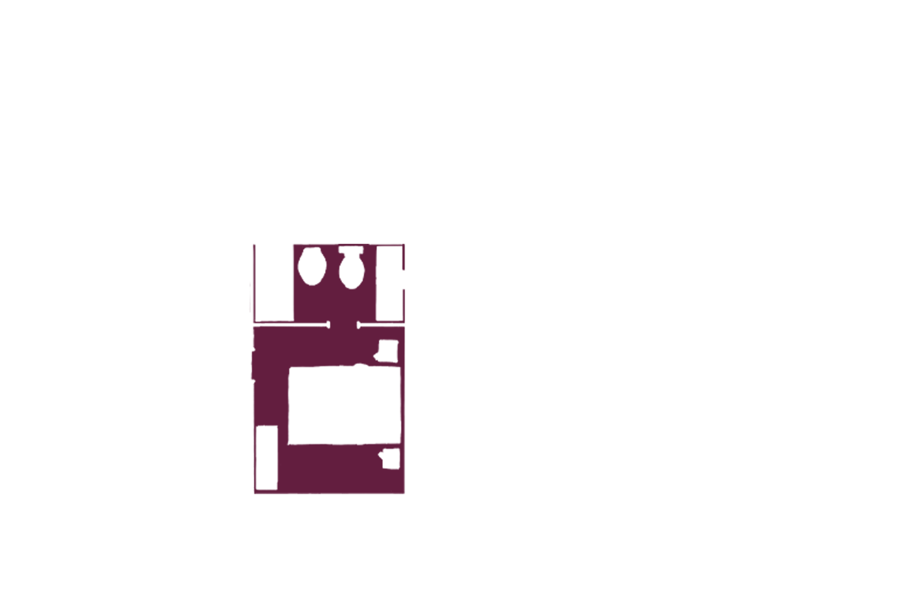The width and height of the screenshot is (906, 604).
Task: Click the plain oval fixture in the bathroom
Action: (x=313, y=266)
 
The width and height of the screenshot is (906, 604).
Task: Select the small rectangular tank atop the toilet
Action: (x=351, y=250)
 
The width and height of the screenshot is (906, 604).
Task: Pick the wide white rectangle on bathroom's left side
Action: (x=274, y=282)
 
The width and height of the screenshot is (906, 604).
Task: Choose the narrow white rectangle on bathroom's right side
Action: (x=390, y=282)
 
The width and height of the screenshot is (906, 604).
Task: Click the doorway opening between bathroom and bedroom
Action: (x=343, y=325)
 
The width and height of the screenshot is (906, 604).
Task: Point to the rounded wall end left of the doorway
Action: (x=328, y=325)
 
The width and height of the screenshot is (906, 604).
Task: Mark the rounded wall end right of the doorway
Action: (x=359, y=325)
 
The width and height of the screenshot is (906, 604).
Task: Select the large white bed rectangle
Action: (x=344, y=405)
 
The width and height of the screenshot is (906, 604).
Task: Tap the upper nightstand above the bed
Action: (x=387, y=351)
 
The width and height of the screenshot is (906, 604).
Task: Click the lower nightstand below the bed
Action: (x=390, y=459)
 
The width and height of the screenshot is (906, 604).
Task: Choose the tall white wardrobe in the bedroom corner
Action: (x=266, y=457)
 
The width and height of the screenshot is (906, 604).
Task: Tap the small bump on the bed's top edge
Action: (x=361, y=365)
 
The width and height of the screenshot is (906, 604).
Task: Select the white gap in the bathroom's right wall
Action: (x=403, y=279)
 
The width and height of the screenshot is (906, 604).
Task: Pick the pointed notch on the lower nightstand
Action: (x=381, y=457)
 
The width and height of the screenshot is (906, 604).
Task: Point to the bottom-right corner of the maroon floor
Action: (x=403, y=492)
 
